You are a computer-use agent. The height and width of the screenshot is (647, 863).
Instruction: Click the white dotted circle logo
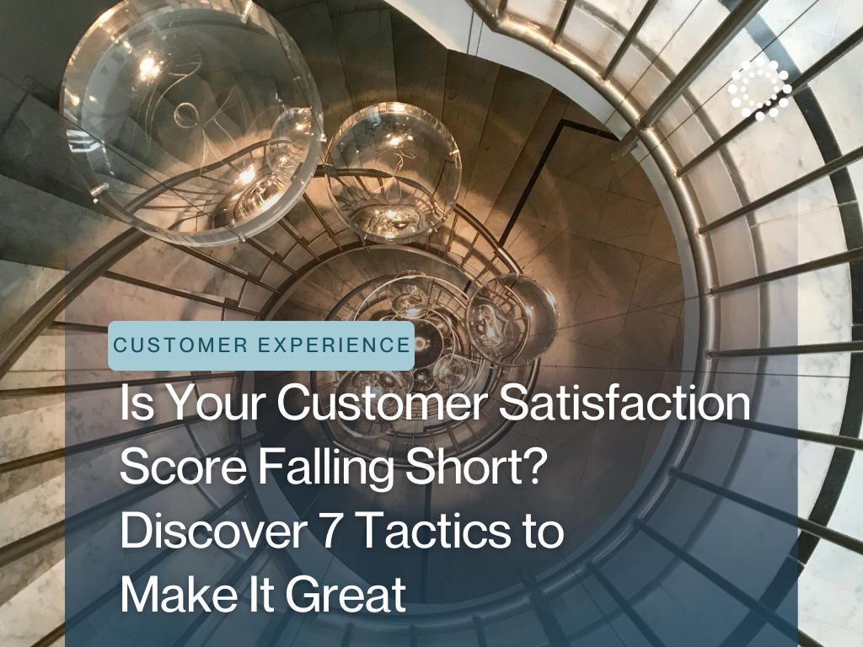[x=760, y=88]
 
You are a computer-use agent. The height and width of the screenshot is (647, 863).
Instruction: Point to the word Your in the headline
[x=210, y=404]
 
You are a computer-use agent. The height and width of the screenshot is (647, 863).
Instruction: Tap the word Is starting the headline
[x=136, y=404]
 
